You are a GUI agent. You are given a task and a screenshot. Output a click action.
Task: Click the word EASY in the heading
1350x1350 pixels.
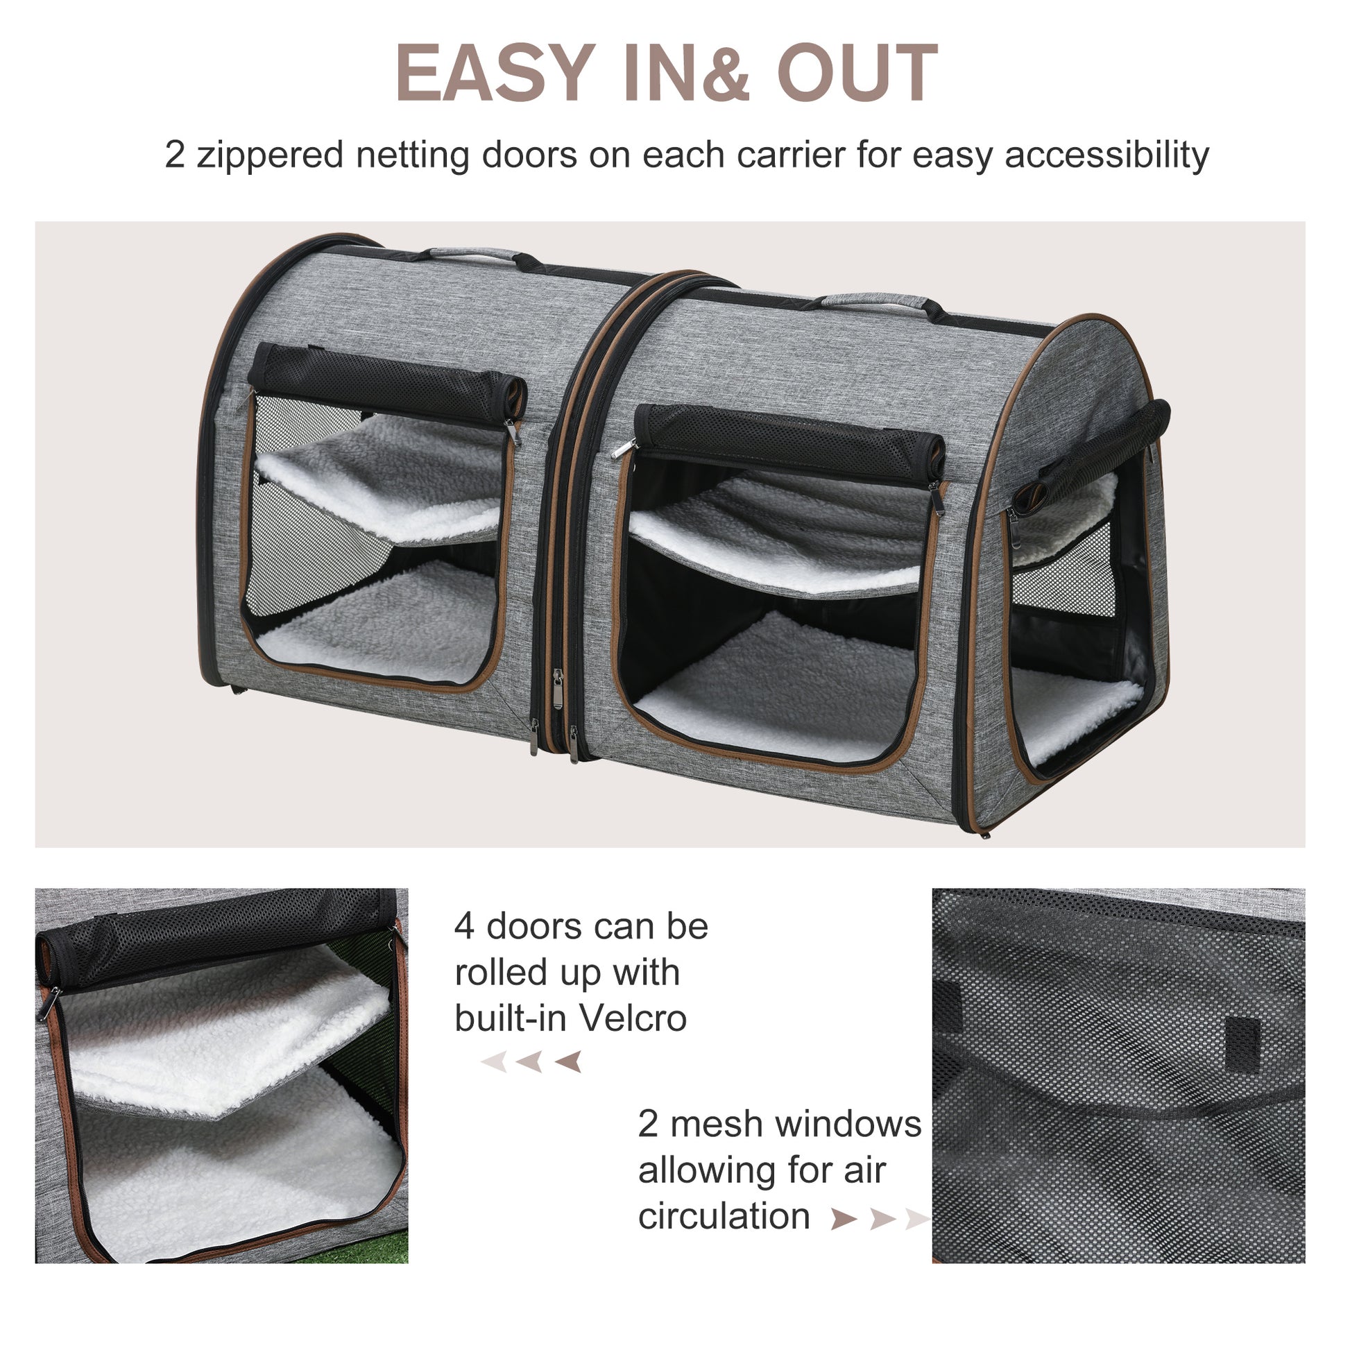pyautogui.click(x=495, y=74)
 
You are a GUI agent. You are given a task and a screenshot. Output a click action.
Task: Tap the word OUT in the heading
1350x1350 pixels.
pyautogui.click(x=857, y=74)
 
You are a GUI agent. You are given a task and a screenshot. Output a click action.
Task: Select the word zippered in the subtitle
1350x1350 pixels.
pyautogui.click(x=270, y=155)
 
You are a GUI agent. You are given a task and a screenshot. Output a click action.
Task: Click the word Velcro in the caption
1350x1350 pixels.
pyautogui.click(x=633, y=1018)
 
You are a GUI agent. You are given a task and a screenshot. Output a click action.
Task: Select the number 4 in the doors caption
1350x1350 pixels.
pyautogui.click(x=464, y=928)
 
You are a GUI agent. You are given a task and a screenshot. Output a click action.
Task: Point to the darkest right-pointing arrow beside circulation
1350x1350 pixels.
pyautogui.click(x=843, y=1220)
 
